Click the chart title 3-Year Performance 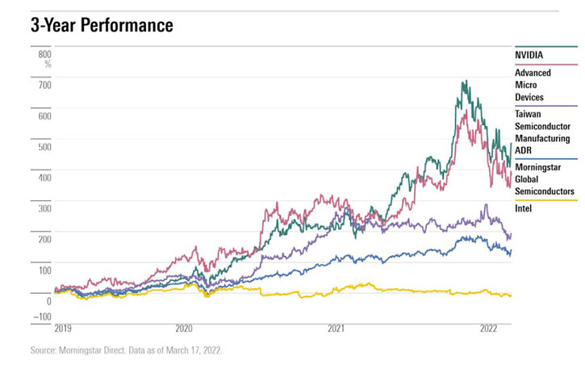pyautogui.click(x=102, y=26)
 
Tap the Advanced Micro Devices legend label pyautogui.click(x=534, y=85)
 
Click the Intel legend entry pyautogui.click(x=524, y=208)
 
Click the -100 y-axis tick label pyautogui.click(x=41, y=316)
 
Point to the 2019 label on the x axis pyautogui.click(x=65, y=329)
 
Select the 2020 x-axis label pyautogui.click(x=184, y=329)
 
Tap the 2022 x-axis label pyautogui.click(x=489, y=329)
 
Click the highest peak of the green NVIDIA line pyautogui.click(x=464, y=81)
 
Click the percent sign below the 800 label pyautogui.click(x=48, y=64)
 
